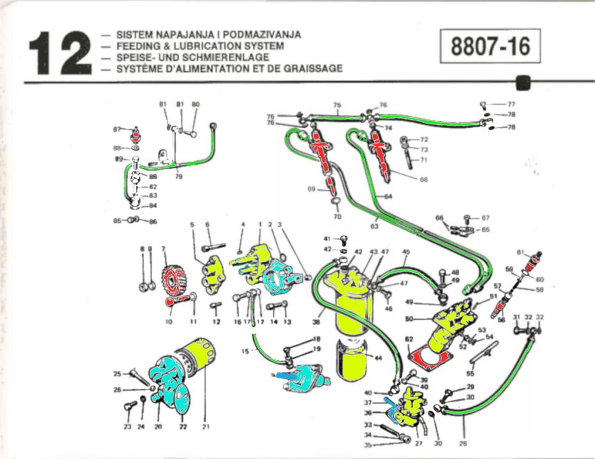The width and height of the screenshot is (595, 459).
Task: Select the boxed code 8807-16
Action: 490,46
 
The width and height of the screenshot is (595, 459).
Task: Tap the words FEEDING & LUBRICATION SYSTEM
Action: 200,46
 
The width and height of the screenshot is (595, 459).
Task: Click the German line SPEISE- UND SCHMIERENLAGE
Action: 192,57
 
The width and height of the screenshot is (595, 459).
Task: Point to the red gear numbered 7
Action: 173,280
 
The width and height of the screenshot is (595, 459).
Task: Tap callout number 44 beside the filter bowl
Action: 378,358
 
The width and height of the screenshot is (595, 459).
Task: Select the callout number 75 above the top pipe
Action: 337,105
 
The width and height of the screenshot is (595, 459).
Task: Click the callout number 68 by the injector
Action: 424,179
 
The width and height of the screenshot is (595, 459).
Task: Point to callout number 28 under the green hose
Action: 463,443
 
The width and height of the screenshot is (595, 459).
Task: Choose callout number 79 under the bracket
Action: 179,177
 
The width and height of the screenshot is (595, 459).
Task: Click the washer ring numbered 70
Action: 336,203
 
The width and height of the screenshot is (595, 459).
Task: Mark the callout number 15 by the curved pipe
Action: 245,350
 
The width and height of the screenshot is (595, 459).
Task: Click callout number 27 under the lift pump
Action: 419,443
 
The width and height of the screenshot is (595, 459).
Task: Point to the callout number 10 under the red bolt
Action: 169,321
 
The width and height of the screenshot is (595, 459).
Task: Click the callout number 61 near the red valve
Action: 521,253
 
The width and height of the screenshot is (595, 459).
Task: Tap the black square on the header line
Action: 524,82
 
